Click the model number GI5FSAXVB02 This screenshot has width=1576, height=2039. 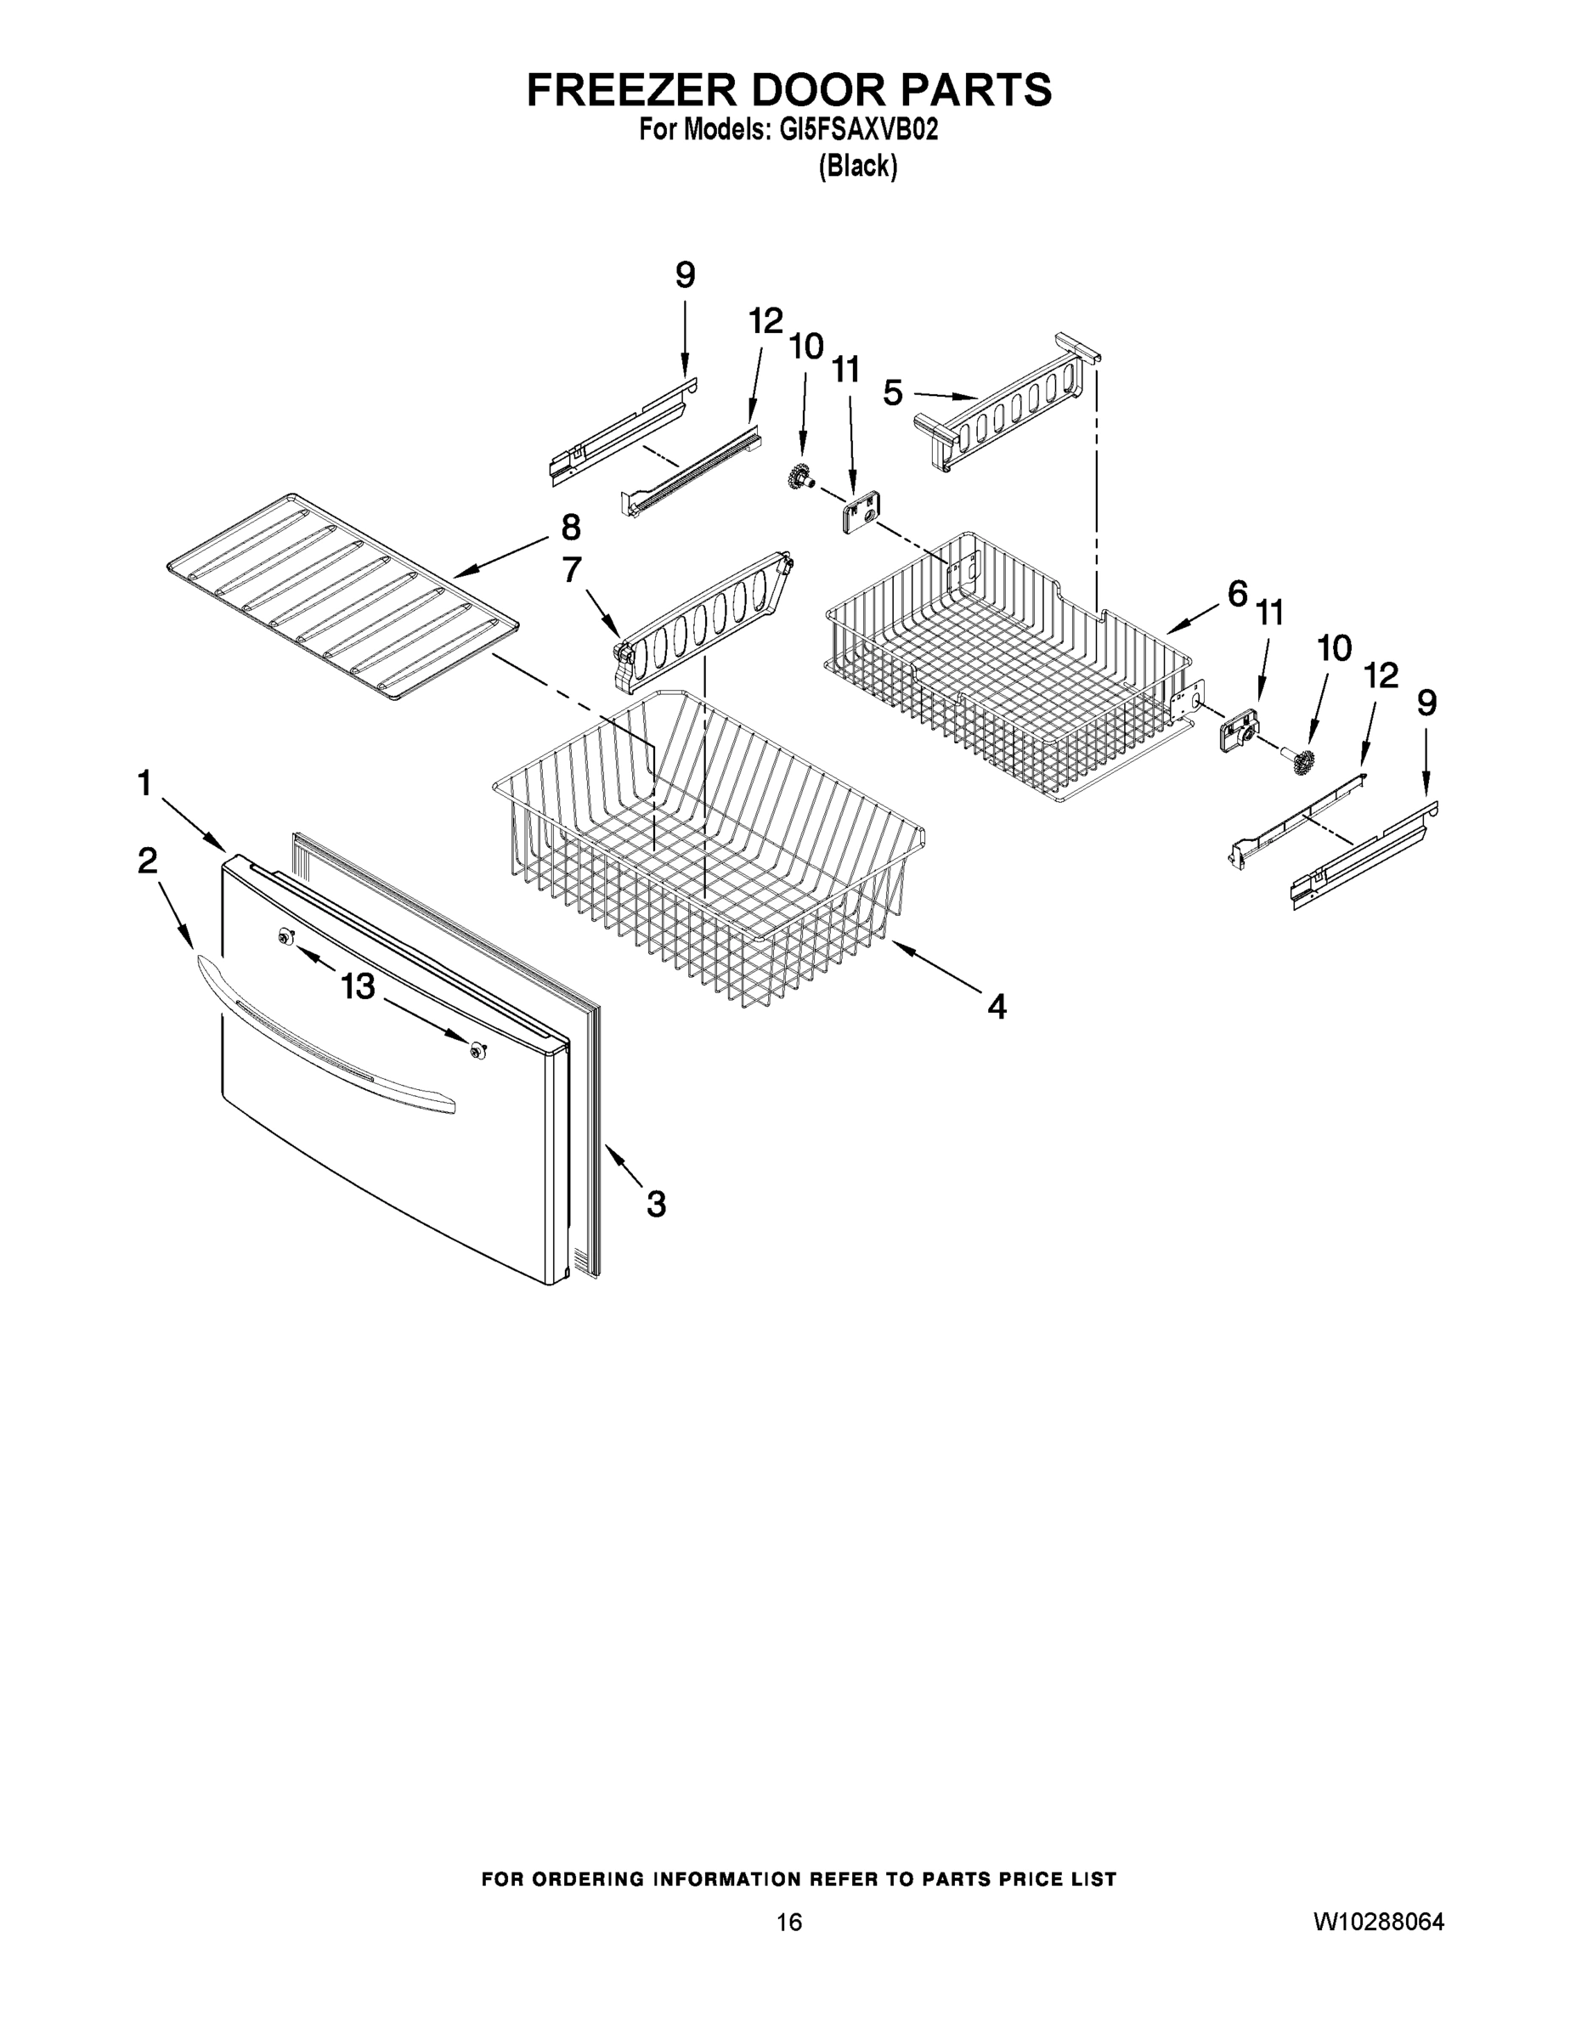(858, 130)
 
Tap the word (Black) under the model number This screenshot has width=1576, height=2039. (857, 167)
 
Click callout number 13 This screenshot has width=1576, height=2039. (358, 986)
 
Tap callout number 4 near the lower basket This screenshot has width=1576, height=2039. (997, 1007)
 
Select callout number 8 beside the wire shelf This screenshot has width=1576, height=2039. (570, 528)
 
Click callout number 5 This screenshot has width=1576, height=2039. (893, 393)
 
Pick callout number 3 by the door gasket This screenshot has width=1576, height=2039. (657, 1205)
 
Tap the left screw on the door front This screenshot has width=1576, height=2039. (285, 937)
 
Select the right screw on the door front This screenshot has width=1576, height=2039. (479, 1051)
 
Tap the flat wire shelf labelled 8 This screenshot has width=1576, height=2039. (341, 594)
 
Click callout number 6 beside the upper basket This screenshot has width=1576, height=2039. (1237, 593)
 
